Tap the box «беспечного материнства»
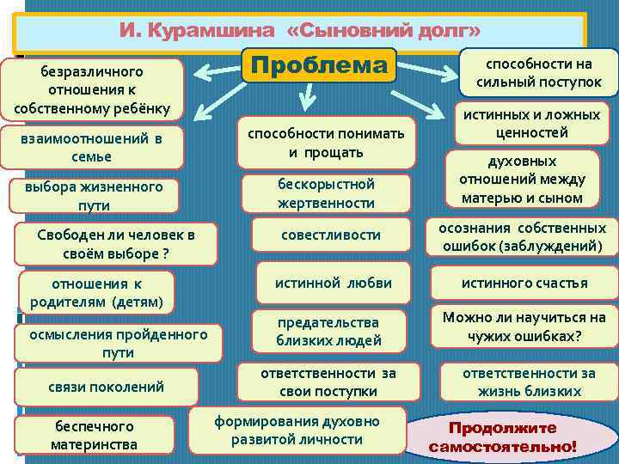(x=95, y=435)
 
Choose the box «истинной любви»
(x=334, y=283)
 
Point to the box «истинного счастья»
(x=524, y=283)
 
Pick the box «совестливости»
(x=331, y=235)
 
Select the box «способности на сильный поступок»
(x=539, y=73)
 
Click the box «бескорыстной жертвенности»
(x=326, y=193)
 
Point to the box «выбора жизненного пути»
(x=94, y=195)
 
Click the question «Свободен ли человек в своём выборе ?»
(x=115, y=244)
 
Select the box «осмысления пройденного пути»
(x=118, y=343)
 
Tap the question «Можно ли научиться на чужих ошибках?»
(x=524, y=327)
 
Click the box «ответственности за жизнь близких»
(x=528, y=382)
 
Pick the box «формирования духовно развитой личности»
(x=297, y=430)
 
